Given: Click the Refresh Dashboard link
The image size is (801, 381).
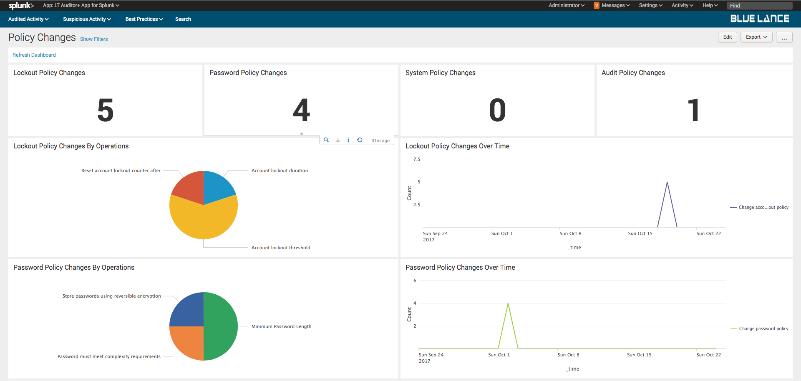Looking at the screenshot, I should point(34,55).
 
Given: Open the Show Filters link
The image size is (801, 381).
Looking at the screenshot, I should point(94,39).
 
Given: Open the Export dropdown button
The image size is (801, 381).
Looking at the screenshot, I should point(756,37).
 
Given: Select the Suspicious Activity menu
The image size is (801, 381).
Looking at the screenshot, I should point(87,19).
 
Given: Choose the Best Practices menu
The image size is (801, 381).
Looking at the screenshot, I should point(144,19).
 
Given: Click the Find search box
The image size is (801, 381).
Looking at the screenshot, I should point(759,5).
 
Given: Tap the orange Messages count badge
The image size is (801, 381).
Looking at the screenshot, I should point(597,5).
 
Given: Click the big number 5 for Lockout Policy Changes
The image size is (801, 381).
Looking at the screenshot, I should point(106,110).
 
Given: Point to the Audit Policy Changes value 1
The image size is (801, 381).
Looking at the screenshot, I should point(693,110).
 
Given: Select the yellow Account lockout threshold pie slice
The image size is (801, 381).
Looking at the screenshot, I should point(204,221).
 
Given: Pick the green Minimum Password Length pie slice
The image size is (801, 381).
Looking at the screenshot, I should point(221,326).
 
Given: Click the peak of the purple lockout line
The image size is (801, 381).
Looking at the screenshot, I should point(667,182).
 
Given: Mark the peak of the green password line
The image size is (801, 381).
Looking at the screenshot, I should point(508,303).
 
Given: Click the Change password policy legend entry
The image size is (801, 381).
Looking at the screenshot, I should point(763,329).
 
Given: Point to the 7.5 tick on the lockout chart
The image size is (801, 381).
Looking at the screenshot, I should point(417,159).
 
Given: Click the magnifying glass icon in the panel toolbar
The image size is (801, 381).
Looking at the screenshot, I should point(326,140).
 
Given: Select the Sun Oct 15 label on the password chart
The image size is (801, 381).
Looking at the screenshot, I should point(639,355).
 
